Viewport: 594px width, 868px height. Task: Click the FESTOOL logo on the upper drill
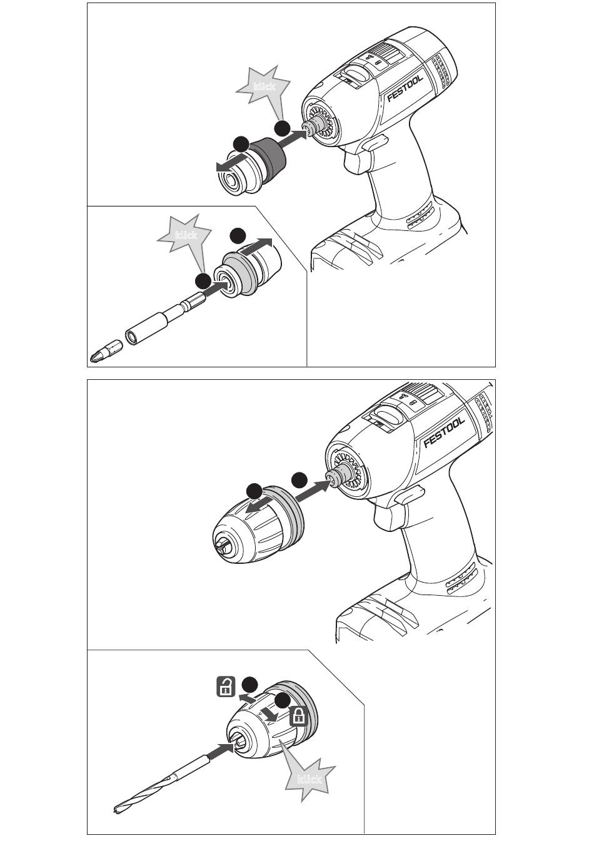pos(405,88)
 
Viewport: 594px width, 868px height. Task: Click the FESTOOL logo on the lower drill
pos(444,431)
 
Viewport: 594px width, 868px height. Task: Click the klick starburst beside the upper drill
pos(264,87)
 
